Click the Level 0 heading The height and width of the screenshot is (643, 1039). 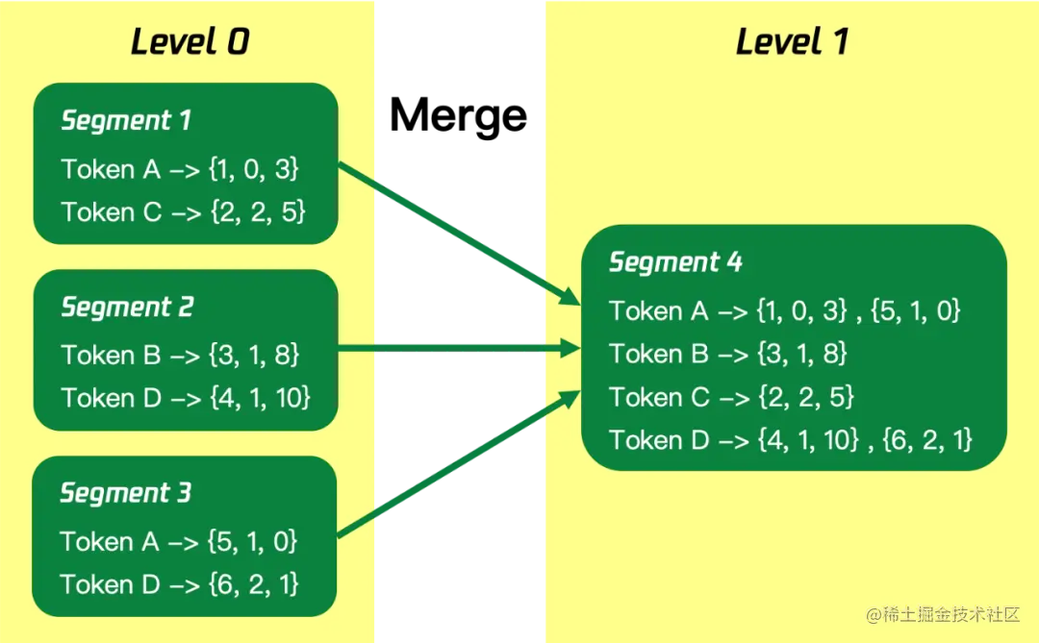pos(190,42)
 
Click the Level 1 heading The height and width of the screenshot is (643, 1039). pos(792,42)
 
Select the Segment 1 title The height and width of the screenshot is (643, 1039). pos(126,121)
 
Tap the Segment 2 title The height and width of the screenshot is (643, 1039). pos(127,308)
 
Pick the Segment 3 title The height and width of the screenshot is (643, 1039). pos(126,493)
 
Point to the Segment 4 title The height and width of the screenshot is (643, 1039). pos(675,262)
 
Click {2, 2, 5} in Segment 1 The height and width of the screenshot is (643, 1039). pos(257,212)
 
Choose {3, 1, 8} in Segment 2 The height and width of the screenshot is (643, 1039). pos(254,355)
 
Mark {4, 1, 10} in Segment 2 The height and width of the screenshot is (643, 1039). pos(259,398)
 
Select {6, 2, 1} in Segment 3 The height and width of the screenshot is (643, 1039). pos(253,584)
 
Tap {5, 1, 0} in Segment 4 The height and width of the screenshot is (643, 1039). pos(914,310)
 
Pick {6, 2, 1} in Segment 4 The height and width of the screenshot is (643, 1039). pos(925,440)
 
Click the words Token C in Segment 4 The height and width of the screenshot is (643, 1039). pos(658,397)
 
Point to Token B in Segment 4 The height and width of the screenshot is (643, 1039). pos(658,354)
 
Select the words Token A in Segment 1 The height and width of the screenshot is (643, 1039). pos(111,169)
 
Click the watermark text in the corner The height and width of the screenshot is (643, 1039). pos(942,615)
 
